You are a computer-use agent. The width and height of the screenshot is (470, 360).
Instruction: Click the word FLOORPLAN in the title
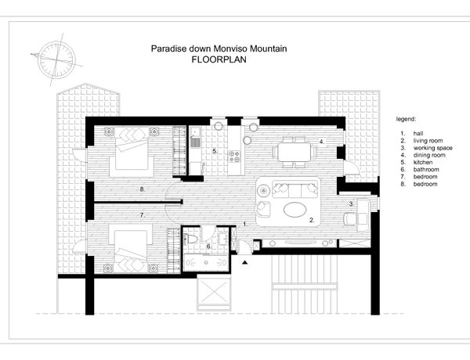point(219,59)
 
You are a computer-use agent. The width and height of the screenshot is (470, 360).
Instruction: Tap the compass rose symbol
point(56,59)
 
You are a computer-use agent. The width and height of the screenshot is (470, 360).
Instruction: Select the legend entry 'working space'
point(433,148)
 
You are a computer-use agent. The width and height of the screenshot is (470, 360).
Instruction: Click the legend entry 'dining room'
point(429,155)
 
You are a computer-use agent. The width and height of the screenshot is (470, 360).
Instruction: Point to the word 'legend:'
point(406,119)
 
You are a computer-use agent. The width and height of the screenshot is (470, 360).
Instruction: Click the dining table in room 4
point(295,152)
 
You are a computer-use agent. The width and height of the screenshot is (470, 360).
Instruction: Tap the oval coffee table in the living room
point(295,210)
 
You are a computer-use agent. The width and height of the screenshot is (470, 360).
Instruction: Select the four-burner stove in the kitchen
point(234,156)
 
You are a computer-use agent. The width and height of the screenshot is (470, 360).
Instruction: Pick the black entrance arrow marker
point(245,263)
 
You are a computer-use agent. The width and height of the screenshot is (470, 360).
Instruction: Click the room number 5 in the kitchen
point(215,151)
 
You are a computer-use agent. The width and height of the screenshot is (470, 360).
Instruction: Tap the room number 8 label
point(143,189)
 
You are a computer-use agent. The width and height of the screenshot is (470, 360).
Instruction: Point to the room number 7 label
point(143,215)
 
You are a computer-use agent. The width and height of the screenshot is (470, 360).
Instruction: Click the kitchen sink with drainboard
point(195,138)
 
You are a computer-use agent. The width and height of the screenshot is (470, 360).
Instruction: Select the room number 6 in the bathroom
point(208,247)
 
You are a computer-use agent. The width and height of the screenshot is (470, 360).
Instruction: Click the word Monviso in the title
point(230,49)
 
